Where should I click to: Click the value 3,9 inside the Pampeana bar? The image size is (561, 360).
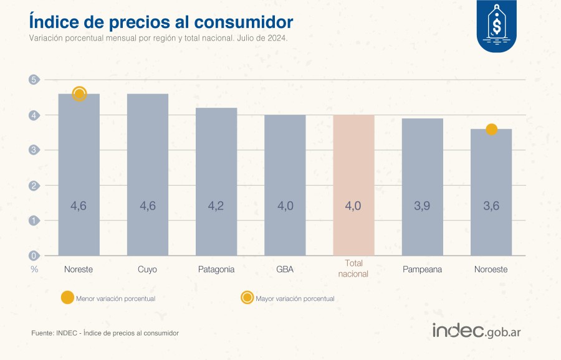pyautogui.click(x=422, y=206)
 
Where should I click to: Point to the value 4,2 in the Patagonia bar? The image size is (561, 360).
pyautogui.click(x=216, y=206)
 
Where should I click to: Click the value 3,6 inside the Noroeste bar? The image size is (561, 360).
pyautogui.click(x=491, y=206)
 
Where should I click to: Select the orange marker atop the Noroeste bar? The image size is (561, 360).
pyautogui.click(x=491, y=130)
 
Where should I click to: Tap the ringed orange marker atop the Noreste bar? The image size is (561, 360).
pyautogui.click(x=79, y=94)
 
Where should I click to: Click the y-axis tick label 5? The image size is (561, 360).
pyautogui.click(x=34, y=80)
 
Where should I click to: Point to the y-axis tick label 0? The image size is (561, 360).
pyautogui.click(x=34, y=255)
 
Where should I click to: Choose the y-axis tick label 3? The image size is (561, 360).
pyautogui.click(x=34, y=150)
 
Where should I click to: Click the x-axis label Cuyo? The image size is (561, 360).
pyautogui.click(x=147, y=270)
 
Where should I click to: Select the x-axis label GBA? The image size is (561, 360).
pyautogui.click(x=285, y=270)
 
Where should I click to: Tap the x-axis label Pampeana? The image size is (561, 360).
pyautogui.click(x=422, y=270)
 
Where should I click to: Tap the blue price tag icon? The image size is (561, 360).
pyautogui.click(x=497, y=26)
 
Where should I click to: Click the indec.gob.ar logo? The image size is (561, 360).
pyautogui.click(x=477, y=331)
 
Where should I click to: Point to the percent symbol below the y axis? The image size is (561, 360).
pyautogui.click(x=34, y=270)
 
